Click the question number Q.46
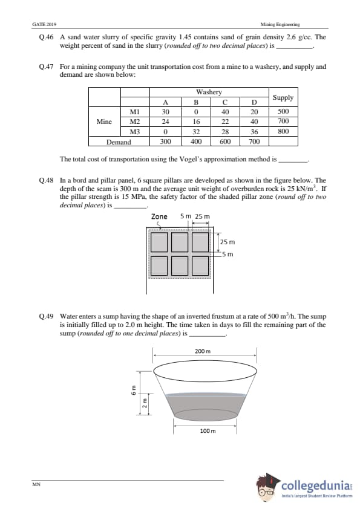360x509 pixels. [x=46, y=37]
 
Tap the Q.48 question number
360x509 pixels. [x=46, y=181]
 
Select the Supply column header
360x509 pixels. [x=283, y=97]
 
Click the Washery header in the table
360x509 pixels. [x=209, y=92]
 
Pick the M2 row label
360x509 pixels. [x=135, y=122]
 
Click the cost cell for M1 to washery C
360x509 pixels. [x=225, y=112]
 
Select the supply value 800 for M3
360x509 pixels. [x=283, y=131]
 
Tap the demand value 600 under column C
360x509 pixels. [x=225, y=141]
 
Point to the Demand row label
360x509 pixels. [x=119, y=142]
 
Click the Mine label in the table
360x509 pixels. [x=104, y=122]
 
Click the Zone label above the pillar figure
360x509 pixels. [x=159, y=216]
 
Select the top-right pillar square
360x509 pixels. [x=200, y=242]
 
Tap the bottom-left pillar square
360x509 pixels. [x=159, y=266]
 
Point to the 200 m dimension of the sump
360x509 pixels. [x=203, y=351]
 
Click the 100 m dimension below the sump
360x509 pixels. [x=208, y=431]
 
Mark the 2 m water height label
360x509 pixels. [x=145, y=403]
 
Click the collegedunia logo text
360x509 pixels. [x=316, y=486]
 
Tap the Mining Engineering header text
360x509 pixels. [x=280, y=24]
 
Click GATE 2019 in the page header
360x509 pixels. [x=45, y=24]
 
